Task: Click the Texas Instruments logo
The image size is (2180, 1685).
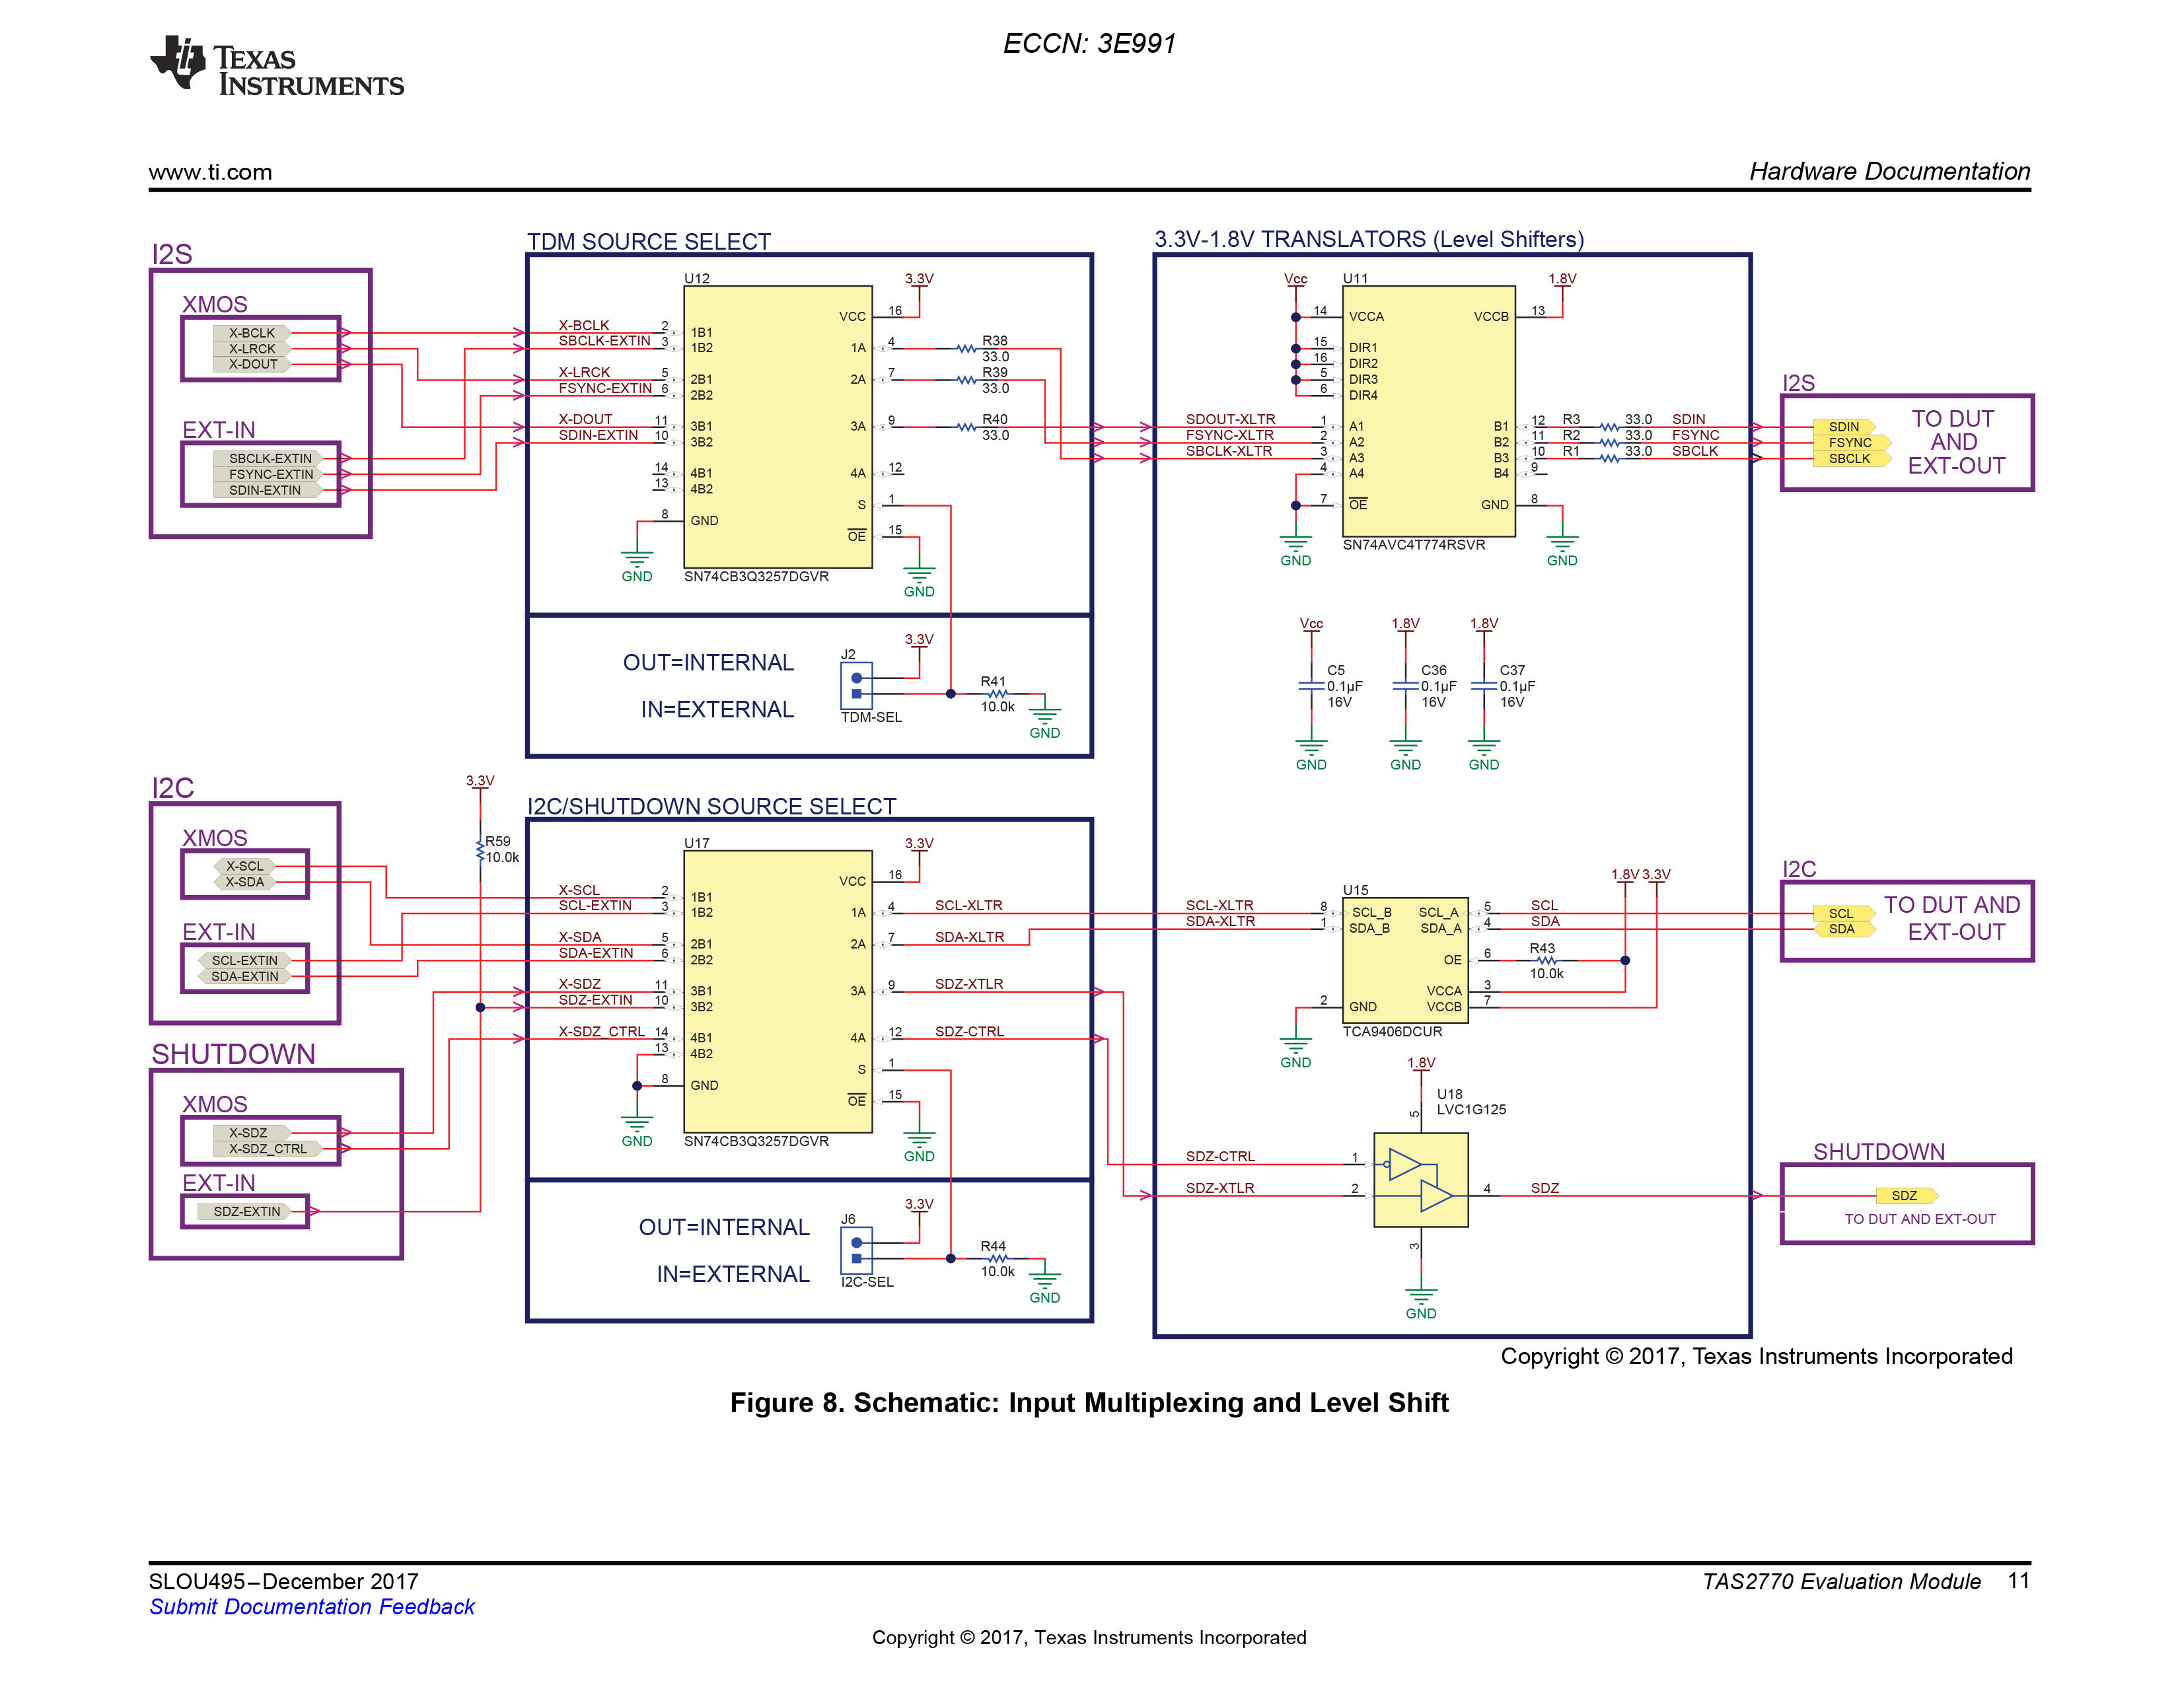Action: [x=277, y=66]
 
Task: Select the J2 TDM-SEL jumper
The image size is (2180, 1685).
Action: [x=856, y=686]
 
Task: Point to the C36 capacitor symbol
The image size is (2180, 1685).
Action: [x=1405, y=686]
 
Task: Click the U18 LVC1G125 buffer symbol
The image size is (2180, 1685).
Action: [x=1420, y=1180]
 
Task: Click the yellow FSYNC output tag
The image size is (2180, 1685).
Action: [x=1852, y=442]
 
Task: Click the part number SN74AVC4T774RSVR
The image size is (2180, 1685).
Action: [x=1414, y=545]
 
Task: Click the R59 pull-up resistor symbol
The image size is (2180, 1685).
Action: [x=480, y=849]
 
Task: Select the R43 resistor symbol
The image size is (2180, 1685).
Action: [x=1546, y=960]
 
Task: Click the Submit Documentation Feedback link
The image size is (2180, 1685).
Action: [x=311, y=1607]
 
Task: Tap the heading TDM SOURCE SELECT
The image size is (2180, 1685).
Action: [x=649, y=242]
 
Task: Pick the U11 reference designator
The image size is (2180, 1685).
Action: [x=1356, y=279]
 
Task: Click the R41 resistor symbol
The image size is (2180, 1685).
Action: [x=997, y=694]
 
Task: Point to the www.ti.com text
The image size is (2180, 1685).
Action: [x=211, y=172]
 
